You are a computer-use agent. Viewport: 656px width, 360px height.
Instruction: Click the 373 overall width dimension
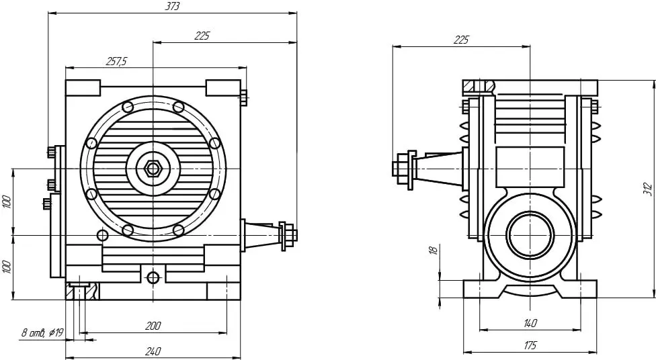pyautogui.click(x=172, y=7)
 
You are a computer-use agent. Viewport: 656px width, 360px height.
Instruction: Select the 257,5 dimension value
pyautogui.click(x=116, y=62)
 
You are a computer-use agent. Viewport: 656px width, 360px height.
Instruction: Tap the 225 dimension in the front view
pyautogui.click(x=202, y=36)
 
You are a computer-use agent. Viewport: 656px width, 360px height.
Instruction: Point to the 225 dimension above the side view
pyautogui.click(x=461, y=40)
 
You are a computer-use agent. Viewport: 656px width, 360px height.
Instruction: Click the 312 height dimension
pyautogui.click(x=647, y=189)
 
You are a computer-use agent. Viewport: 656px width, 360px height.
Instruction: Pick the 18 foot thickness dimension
pyautogui.click(x=434, y=250)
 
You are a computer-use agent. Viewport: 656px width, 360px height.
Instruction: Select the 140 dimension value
pyautogui.click(x=530, y=323)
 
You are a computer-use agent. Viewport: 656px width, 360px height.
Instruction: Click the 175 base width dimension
pyautogui.click(x=530, y=345)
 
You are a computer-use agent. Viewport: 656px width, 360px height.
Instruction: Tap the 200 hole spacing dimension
pyautogui.click(x=153, y=326)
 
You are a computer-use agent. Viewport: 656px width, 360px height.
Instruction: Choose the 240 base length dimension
pyautogui.click(x=153, y=351)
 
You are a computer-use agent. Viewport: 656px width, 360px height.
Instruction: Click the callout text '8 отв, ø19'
pyautogui.click(x=42, y=333)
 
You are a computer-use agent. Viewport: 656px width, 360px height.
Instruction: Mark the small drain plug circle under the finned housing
pyautogui.click(x=153, y=277)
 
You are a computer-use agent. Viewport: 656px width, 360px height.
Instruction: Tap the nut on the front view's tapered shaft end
pyautogui.click(x=289, y=235)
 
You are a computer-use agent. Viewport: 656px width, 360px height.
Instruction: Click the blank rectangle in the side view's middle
pyautogui.click(x=530, y=167)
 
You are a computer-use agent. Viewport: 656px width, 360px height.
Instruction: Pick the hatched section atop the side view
pyautogui.click(x=479, y=87)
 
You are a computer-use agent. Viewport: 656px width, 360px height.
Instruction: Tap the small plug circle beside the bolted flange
pyautogui.click(x=102, y=235)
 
